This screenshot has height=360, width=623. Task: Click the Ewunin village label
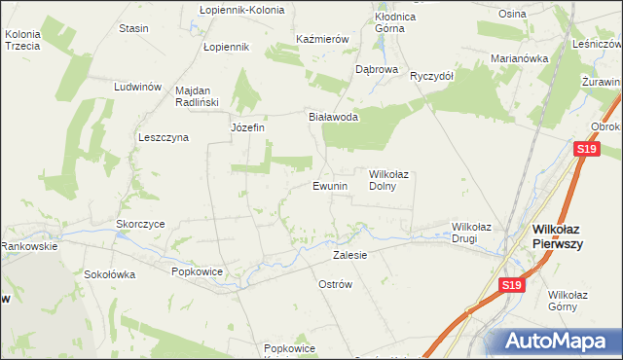pyautogui.click(x=330, y=186)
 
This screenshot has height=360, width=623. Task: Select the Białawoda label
pyautogui.click(x=334, y=117)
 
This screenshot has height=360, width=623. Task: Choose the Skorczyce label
pyautogui.click(x=140, y=224)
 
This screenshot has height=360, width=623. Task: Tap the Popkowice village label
pyautogui.click(x=198, y=271)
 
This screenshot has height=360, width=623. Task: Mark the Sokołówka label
pyautogui.click(x=109, y=274)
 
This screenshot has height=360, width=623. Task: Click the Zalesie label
pyautogui.click(x=349, y=255)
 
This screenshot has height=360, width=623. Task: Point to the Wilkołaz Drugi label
pyautogui.click(x=471, y=233)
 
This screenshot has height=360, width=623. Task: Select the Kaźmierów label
pyautogui.click(x=322, y=40)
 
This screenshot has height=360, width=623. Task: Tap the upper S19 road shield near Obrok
pyautogui.click(x=585, y=149)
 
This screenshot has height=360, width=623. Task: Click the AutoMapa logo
pyautogui.click(x=559, y=342)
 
